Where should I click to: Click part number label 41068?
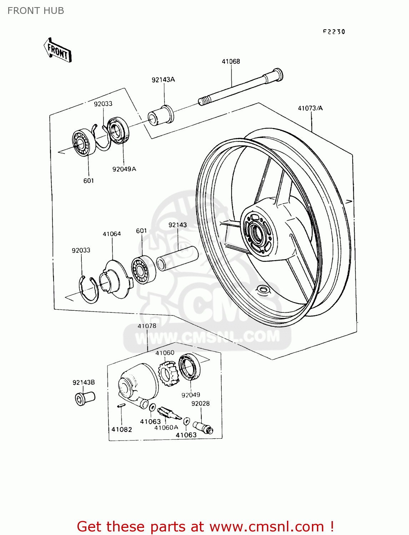(231, 61)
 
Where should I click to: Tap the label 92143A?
(163, 80)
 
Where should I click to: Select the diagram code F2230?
(334, 32)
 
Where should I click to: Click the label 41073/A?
(310, 108)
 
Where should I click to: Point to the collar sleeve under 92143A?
(161, 115)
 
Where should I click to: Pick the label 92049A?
(124, 169)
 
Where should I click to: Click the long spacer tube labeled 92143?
(177, 259)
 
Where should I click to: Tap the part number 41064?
(112, 234)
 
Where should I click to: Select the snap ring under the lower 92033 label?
(89, 290)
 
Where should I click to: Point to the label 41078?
(147, 326)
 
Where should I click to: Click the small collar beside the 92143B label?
(85, 398)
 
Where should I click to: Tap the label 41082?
(122, 429)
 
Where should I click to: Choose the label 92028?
(200, 403)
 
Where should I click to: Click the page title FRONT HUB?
(36, 11)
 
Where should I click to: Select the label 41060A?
(166, 427)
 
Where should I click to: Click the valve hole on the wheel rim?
(263, 289)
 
